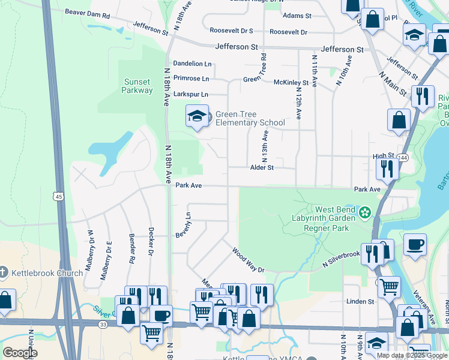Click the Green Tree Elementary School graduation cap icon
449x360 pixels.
click(197, 116)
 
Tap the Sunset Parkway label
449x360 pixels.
click(137, 86)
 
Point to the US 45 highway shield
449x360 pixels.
click(58, 196)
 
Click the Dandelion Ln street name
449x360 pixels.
click(193, 64)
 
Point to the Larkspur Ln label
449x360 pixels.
click(190, 94)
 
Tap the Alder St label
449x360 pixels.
click(262, 168)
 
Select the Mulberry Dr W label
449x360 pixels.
click(89, 251)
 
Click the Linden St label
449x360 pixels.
click(360, 301)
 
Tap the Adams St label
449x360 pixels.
click(297, 15)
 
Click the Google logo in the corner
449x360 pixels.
click(20, 353)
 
